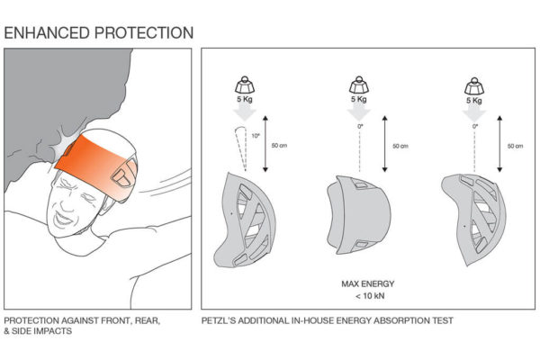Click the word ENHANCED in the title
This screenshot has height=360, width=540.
coord(48,33)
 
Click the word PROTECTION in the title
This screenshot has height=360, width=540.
coord(143,33)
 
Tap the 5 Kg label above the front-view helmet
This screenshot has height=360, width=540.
coord(358,101)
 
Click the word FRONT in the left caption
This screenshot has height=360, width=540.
coord(113,320)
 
